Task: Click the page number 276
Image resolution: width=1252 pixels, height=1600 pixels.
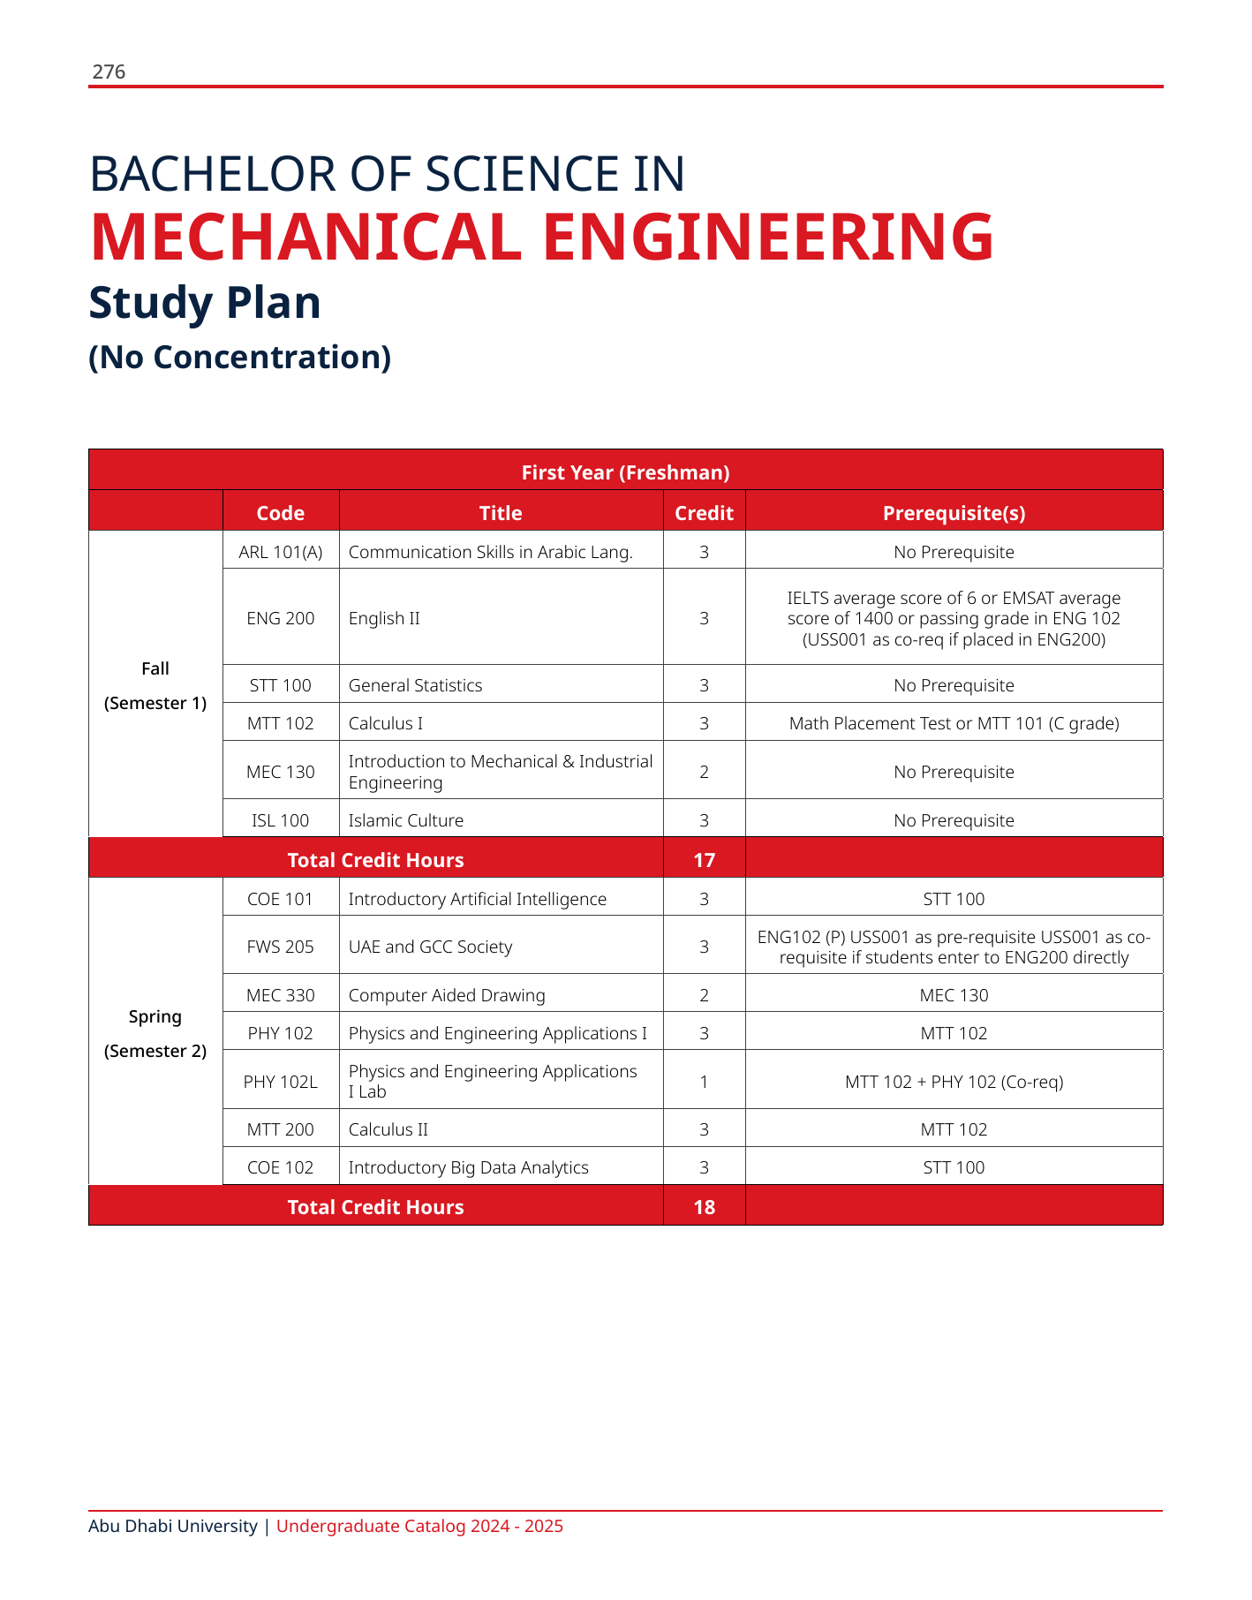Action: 109,72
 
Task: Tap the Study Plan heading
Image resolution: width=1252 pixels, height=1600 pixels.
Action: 205,303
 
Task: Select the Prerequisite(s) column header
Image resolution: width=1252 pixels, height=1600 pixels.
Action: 954,513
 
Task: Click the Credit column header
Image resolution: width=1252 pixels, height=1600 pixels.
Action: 704,513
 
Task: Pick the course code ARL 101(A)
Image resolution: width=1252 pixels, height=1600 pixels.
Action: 281,552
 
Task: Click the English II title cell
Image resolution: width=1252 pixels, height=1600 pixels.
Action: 384,618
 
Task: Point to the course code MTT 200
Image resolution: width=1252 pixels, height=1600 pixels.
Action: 281,1129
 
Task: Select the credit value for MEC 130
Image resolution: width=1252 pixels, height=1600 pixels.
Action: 704,772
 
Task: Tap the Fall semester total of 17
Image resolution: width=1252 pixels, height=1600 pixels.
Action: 704,860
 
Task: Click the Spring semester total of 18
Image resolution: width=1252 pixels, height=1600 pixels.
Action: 704,1207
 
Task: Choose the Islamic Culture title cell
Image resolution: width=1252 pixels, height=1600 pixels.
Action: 406,820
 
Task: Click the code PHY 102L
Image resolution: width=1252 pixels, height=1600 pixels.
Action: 281,1081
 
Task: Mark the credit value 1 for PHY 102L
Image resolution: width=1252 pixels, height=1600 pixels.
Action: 704,1081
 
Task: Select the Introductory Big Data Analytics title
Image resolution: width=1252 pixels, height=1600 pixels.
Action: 469,1167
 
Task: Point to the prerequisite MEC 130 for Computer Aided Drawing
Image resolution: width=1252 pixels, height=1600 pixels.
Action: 954,995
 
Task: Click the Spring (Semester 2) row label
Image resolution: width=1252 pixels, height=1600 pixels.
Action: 155,1033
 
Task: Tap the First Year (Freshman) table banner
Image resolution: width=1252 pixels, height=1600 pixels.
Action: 625,472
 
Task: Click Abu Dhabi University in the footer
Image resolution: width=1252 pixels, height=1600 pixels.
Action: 173,1526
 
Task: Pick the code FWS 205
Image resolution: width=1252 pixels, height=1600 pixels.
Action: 281,947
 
